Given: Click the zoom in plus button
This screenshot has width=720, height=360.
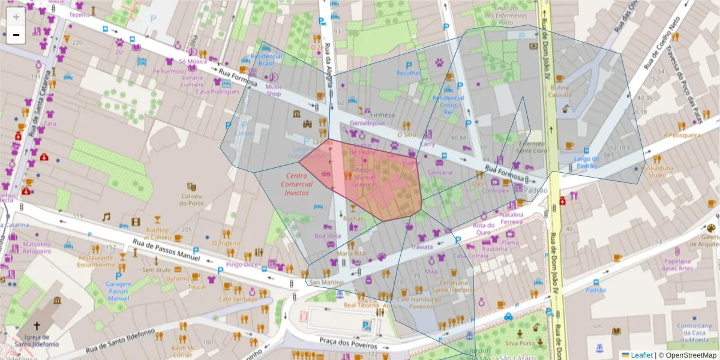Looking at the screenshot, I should point(16,16).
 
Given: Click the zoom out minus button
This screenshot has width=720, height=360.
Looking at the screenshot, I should point(16,35).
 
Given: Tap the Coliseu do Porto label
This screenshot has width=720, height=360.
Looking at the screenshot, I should point(192,199).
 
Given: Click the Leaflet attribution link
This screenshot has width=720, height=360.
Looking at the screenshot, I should point(641,355).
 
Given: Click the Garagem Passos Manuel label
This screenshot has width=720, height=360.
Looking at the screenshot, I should point(118,291).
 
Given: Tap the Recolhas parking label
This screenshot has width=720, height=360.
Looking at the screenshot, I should point(409,73).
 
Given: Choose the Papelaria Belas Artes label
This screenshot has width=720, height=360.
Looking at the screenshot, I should point(677,264).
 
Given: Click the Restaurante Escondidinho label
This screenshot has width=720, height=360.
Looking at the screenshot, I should point(96,260).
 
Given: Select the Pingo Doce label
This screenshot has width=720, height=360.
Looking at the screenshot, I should point(242,264).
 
